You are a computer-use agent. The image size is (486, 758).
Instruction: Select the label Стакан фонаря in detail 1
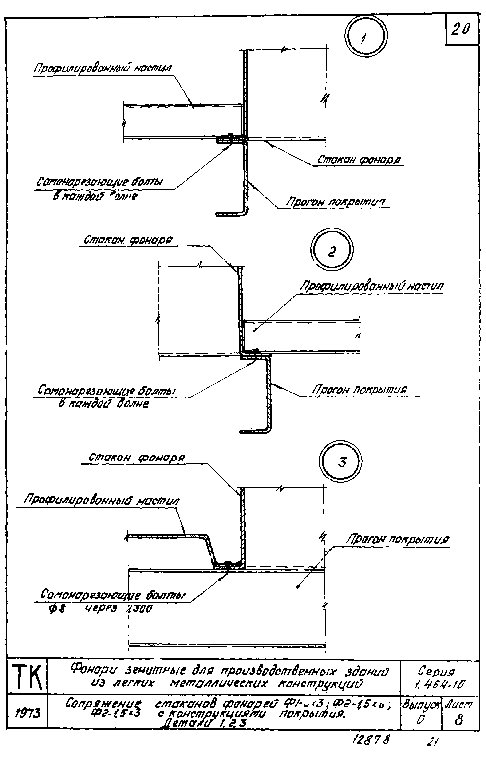coord(359,160)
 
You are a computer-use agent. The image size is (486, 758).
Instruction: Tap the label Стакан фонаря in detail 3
coord(137,457)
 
